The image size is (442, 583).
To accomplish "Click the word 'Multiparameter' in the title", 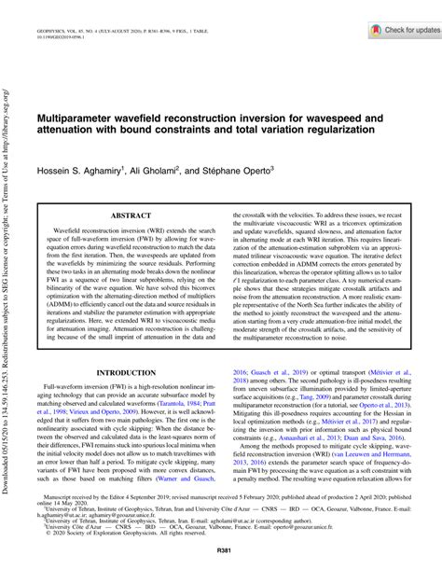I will (x=83, y=122).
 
